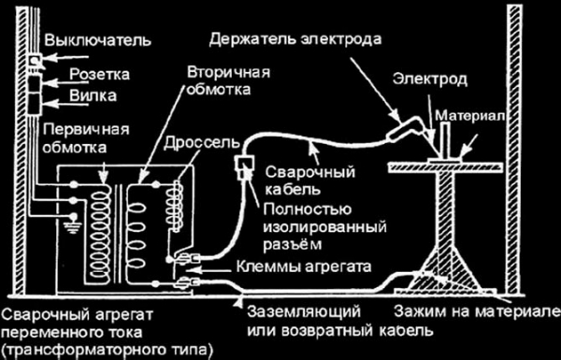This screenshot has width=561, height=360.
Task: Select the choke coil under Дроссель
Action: pos(172,201)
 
